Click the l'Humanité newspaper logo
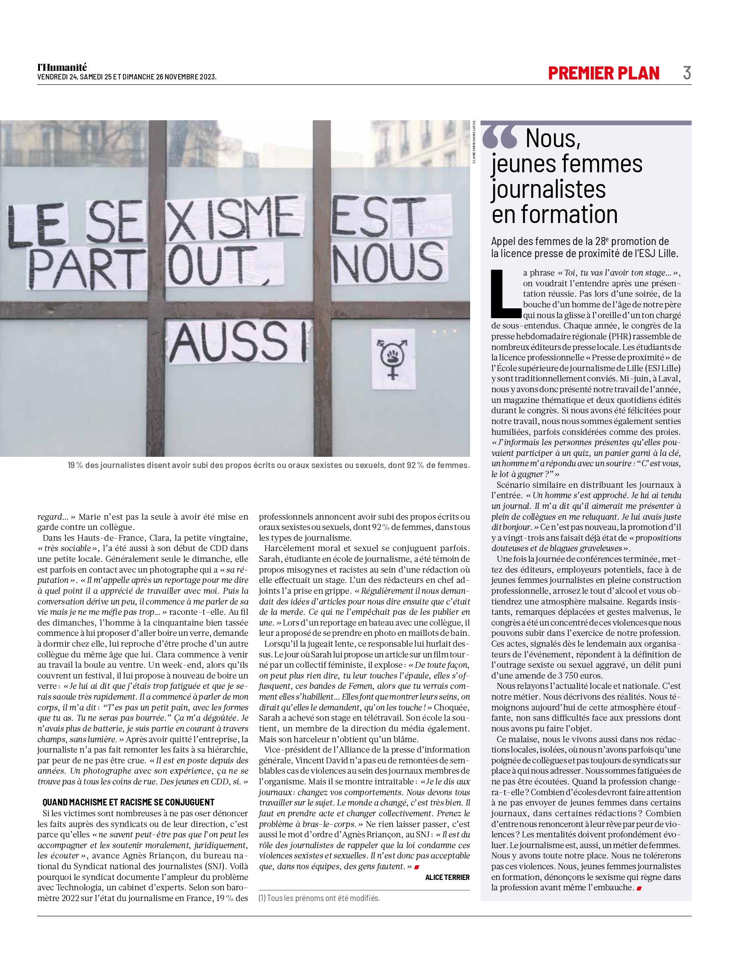tap(62, 67)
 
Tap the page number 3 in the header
tap(687, 73)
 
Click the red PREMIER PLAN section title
tap(604, 73)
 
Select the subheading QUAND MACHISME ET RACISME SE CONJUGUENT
tap(128, 802)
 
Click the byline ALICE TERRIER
tap(447, 877)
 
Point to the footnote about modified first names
tap(319, 898)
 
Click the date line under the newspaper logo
tap(127, 77)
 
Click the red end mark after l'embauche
tap(639, 888)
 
